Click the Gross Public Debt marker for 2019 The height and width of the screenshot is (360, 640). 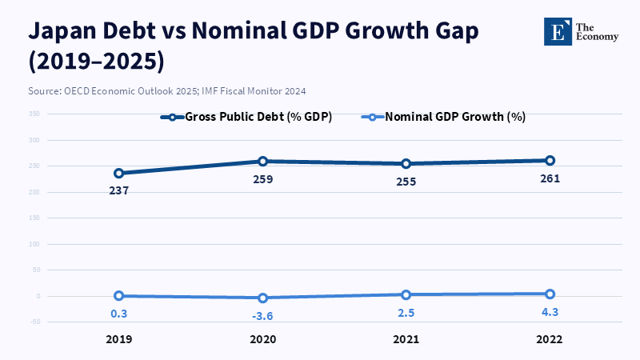click(x=119, y=173)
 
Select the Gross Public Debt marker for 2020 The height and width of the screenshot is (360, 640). click(x=262, y=162)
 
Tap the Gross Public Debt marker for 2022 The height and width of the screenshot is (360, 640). click(x=550, y=161)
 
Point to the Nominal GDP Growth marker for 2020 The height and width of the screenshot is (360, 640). click(x=262, y=298)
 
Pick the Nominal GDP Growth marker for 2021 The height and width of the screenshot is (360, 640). click(x=406, y=294)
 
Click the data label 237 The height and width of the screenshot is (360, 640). click(x=119, y=190)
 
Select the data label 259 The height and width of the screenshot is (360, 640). click(x=262, y=179)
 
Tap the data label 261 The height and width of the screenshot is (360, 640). click(x=550, y=178)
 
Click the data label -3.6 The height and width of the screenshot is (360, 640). click(x=262, y=316)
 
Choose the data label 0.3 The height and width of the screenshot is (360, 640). click(x=119, y=314)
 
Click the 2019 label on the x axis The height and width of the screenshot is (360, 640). click(x=119, y=339)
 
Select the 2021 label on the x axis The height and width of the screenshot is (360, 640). click(x=406, y=339)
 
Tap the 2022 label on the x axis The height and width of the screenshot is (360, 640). click(x=550, y=339)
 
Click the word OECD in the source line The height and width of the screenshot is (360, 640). click(x=77, y=91)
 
